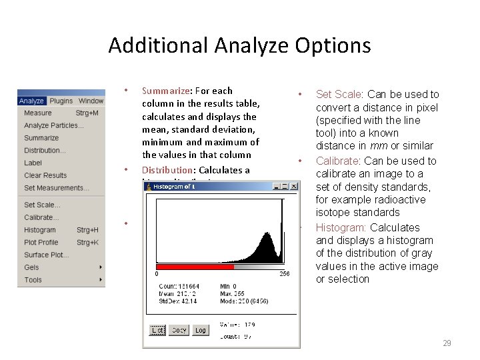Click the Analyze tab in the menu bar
[31, 101]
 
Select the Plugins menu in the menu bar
[61, 101]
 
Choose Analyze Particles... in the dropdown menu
[54, 125]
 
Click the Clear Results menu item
[45, 175]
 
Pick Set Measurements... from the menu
[57, 188]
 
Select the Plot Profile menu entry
[41, 243]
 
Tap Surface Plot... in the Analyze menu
[46, 255]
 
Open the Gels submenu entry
[31, 267]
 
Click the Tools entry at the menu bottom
[33, 280]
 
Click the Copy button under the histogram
[179, 330]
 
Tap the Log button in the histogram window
[200, 330]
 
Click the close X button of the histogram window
[292, 187]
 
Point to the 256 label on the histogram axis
[284, 274]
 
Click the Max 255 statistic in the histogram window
[233, 293]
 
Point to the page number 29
[447, 343]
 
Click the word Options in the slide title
[335, 45]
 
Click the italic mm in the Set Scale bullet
[383, 146]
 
